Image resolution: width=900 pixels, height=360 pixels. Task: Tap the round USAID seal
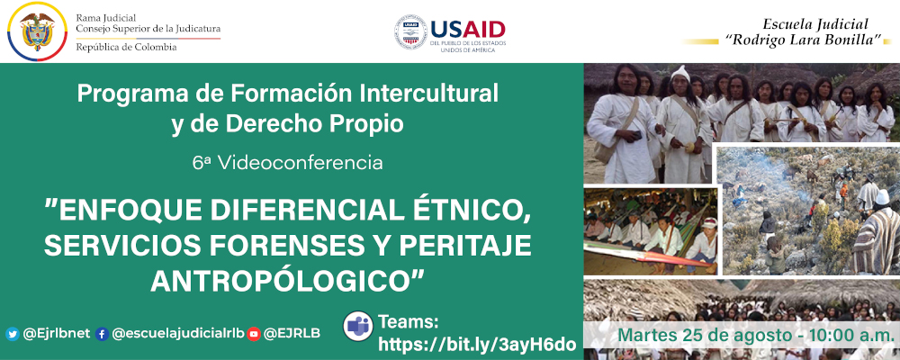pos(410,31)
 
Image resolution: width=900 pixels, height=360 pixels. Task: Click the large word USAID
pos(467,28)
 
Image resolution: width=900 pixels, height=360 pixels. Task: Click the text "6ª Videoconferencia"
pos(287,163)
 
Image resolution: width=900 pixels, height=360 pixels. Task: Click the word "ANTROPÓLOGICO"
pos(287,280)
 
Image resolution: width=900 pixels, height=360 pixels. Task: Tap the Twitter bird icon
pos(13,334)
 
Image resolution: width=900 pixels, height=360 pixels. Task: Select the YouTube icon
pos(254,334)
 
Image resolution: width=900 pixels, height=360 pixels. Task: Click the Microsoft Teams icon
pos(358,327)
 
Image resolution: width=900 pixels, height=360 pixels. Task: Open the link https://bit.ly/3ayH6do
pos(476,344)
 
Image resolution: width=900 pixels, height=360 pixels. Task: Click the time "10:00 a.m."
pos(850,335)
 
